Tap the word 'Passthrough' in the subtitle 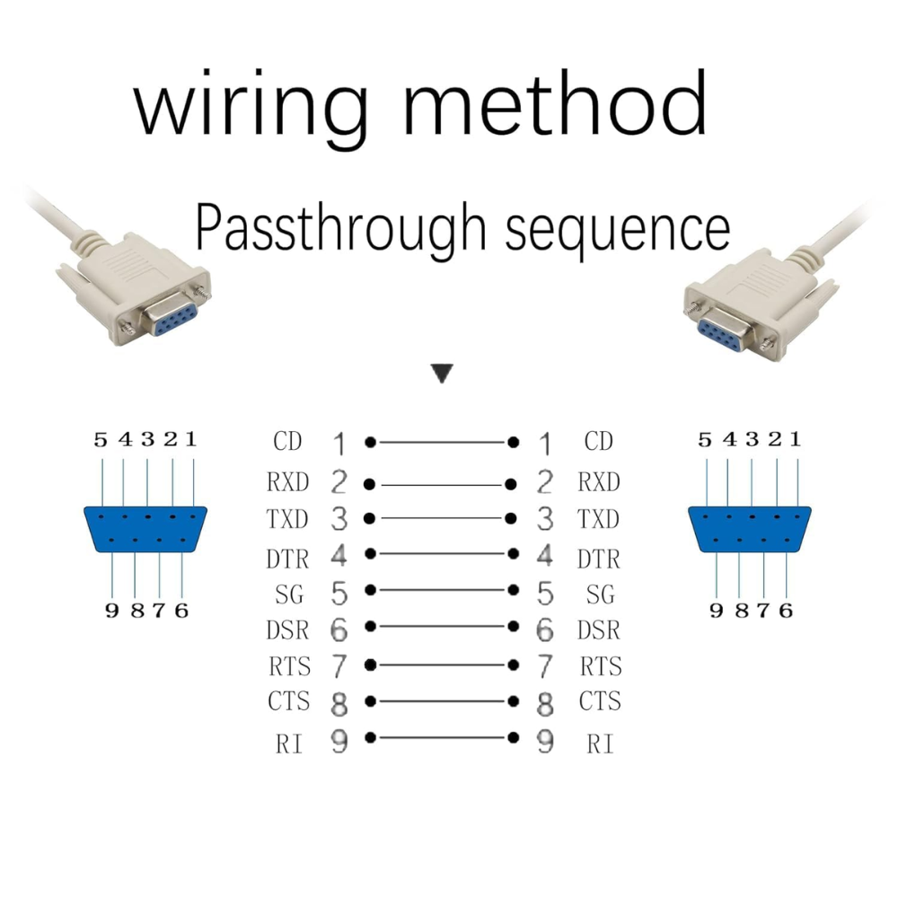click(340, 228)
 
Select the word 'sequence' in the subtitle click(618, 231)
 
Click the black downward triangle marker click(442, 373)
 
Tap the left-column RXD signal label click(287, 482)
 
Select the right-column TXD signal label click(598, 519)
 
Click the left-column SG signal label click(289, 594)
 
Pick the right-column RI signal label click(600, 744)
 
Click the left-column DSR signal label click(287, 630)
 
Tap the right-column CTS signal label click(600, 701)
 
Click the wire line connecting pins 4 click(442, 554)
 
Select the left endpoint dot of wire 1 click(371, 442)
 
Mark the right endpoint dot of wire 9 click(514, 737)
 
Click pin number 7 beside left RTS click(339, 666)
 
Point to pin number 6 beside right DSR click(545, 630)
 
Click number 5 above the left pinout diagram click(101, 440)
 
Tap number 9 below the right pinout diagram click(717, 611)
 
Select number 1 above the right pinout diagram click(796, 439)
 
